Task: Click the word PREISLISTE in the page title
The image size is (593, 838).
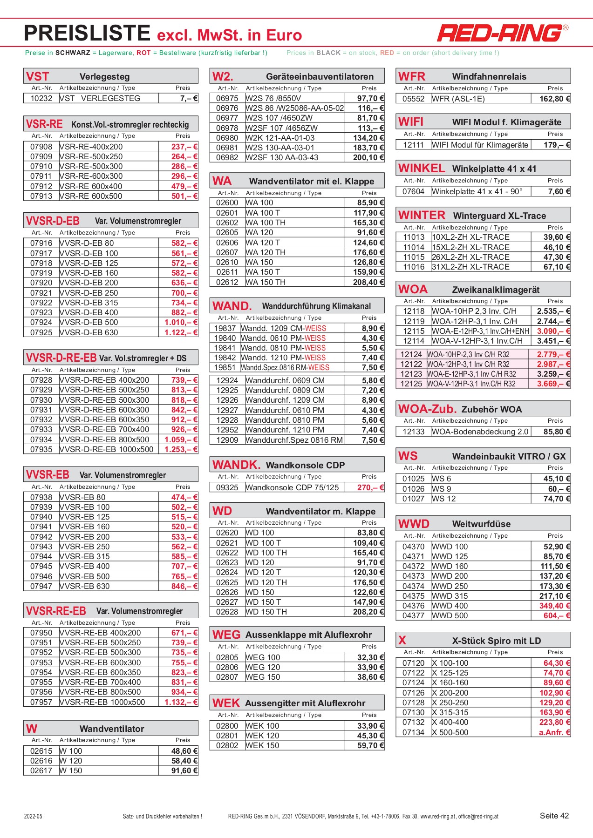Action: pyautogui.click(x=87, y=34)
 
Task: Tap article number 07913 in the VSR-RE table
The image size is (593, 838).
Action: pyautogui.click(x=41, y=196)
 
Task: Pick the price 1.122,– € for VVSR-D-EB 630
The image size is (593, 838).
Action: pyautogui.click(x=181, y=332)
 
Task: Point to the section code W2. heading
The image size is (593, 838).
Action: pyautogui.click(x=223, y=76)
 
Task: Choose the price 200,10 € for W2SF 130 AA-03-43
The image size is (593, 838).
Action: pyautogui.click(x=368, y=157)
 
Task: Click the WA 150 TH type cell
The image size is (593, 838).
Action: pyautogui.click(x=266, y=282)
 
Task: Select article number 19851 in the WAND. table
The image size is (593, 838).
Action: pyautogui.click(x=225, y=367)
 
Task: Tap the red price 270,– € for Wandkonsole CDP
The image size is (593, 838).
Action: pyautogui.click(x=370, y=487)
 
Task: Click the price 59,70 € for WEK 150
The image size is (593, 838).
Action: pyautogui.click(x=370, y=745)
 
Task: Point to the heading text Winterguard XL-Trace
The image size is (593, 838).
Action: pyautogui.click(x=499, y=216)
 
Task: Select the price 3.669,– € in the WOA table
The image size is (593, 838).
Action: pyautogui.click(x=553, y=384)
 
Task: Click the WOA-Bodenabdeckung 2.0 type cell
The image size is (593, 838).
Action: pyautogui.click(x=480, y=432)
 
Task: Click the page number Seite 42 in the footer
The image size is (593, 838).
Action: pyautogui.click(x=554, y=816)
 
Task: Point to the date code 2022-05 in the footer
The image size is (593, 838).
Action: pyautogui.click(x=33, y=816)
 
